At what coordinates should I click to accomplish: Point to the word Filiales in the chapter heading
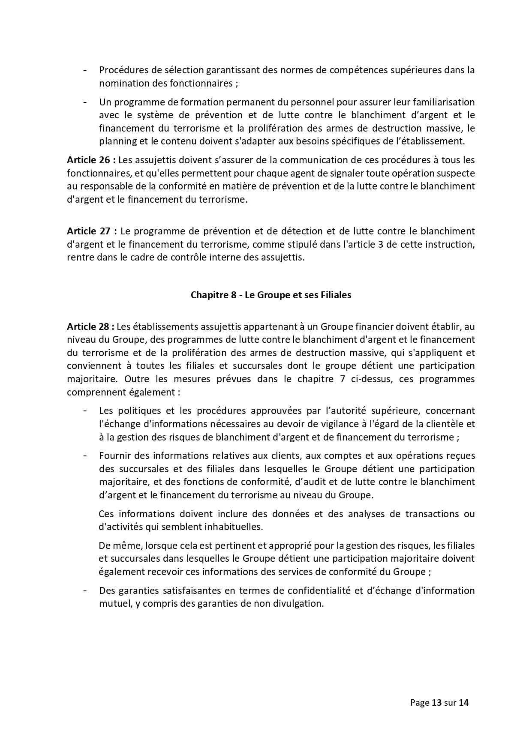336,295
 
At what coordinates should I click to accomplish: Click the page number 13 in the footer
436,702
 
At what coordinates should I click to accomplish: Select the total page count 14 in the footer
464,702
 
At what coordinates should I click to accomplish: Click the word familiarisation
444,102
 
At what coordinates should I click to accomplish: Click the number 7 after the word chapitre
344,379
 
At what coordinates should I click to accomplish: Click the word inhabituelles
238,527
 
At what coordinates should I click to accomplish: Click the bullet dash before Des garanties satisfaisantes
86,590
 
